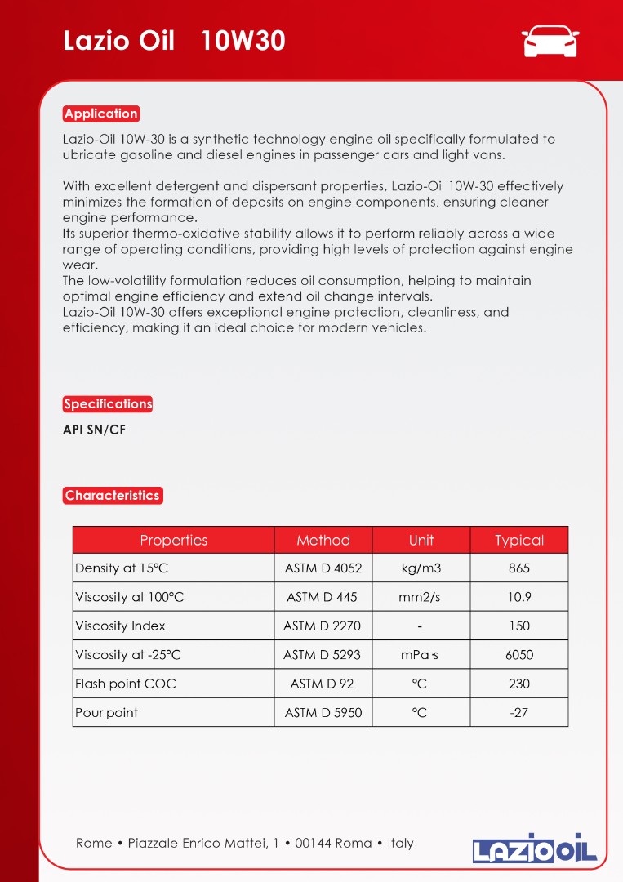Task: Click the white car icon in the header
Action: pyautogui.click(x=550, y=40)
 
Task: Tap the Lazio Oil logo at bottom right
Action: pyautogui.click(x=535, y=847)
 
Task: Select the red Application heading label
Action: pyautogui.click(x=101, y=114)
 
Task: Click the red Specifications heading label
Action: pyautogui.click(x=108, y=403)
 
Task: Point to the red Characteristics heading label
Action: pyautogui.click(x=113, y=495)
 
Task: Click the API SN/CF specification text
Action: pyautogui.click(x=94, y=430)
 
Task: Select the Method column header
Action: pyautogui.click(x=323, y=540)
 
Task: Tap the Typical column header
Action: pyautogui.click(x=519, y=540)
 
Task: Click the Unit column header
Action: pyautogui.click(x=421, y=540)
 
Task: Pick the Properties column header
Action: pyautogui.click(x=174, y=540)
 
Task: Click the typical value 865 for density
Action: pyautogui.click(x=519, y=568)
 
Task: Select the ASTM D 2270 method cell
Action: pyautogui.click(x=323, y=626)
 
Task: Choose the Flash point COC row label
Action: pyautogui.click(x=126, y=684)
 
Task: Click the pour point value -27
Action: pyautogui.click(x=518, y=712)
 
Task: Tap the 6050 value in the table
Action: pyautogui.click(x=519, y=655)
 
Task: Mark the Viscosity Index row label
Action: pyautogui.click(x=120, y=626)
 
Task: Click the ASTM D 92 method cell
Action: pyautogui.click(x=323, y=684)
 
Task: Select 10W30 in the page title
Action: pyautogui.click(x=243, y=40)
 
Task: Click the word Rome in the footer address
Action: pyautogui.click(x=94, y=843)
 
